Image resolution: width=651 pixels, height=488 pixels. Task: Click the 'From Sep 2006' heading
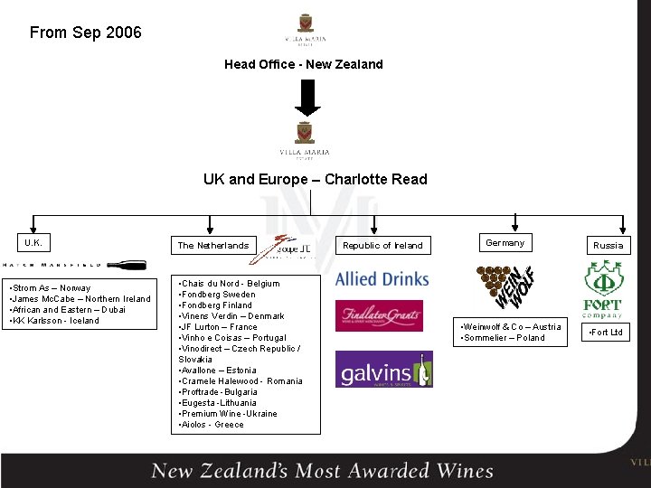[x=86, y=33]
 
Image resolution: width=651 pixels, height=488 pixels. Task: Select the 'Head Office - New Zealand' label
[x=304, y=64]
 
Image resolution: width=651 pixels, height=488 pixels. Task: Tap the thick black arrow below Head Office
[x=307, y=99]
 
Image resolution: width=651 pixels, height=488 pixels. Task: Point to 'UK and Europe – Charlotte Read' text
[x=315, y=179]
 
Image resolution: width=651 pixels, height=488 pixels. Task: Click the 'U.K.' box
[x=33, y=243]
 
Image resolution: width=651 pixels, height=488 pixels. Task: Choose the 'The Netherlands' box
[x=213, y=245]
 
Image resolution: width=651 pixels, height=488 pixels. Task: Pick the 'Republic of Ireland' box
[x=382, y=245]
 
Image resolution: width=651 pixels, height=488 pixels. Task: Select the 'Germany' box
[x=505, y=242]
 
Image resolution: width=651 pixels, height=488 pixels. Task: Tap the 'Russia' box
[x=608, y=245]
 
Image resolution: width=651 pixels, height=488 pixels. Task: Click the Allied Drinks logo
[x=382, y=279]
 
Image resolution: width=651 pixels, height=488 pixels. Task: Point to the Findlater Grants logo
[x=379, y=315]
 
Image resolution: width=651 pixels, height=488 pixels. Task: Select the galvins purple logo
[x=383, y=370]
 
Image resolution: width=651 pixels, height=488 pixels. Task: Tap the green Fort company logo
[x=602, y=289]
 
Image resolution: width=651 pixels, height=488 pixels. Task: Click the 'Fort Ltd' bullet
[x=606, y=333]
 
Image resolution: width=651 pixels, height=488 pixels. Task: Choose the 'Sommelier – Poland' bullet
[x=504, y=338]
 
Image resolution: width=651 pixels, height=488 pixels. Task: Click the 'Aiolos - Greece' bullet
[x=212, y=425]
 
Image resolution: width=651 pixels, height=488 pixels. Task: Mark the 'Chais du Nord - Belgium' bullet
[x=230, y=284]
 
